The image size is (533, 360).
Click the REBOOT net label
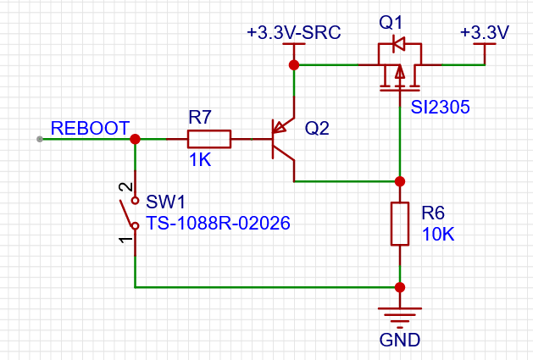tap(90, 128)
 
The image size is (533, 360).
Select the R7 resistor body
tap(209, 139)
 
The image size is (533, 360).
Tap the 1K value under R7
tap(200, 159)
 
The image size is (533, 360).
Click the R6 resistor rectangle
tap(400, 224)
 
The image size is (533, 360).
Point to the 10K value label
tap(438, 235)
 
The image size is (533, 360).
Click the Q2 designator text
tap(317, 129)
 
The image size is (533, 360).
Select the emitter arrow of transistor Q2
tap(280, 127)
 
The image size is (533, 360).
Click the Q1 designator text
tap(391, 23)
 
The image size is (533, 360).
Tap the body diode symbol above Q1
tap(398, 43)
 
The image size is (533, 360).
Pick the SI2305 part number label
tap(440, 107)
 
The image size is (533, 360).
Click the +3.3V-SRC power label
tap(294, 33)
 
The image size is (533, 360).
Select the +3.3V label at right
tap(485, 33)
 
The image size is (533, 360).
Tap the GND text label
tap(400, 340)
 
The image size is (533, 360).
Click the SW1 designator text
tap(165, 202)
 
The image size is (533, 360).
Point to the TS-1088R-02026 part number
tap(218, 224)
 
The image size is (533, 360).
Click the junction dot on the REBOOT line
tap(135, 139)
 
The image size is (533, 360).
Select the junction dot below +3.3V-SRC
tap(294, 65)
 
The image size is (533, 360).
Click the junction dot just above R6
tap(400, 181)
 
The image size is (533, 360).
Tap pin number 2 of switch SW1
tap(125, 186)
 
